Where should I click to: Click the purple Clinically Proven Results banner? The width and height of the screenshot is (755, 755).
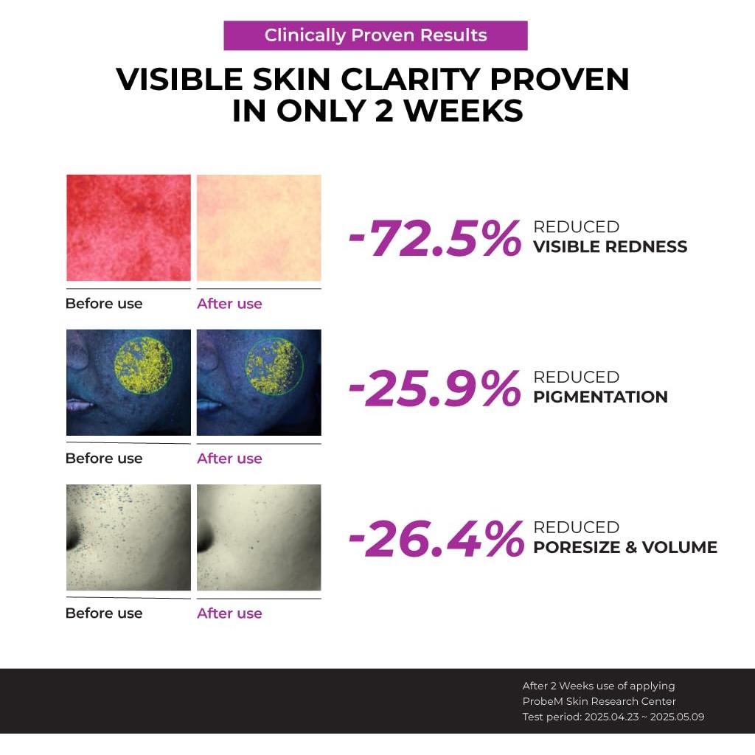point(375,35)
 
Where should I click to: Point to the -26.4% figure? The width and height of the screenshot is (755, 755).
point(435,539)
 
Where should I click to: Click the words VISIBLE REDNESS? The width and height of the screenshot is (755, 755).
point(610,247)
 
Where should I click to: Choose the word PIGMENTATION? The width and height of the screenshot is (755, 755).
point(600,397)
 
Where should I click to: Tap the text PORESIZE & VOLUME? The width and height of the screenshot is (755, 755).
point(624,547)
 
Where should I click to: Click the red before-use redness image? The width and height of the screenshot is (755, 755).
point(128,228)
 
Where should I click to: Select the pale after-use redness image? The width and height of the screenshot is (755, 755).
point(259,228)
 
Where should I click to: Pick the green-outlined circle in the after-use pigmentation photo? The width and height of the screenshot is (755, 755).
point(274,365)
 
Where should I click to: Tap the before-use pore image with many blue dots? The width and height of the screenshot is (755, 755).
point(128,537)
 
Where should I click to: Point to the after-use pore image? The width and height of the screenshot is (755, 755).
point(259,537)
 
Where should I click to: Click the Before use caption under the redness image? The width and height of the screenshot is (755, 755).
point(104,304)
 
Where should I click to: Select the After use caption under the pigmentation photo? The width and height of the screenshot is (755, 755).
point(229,459)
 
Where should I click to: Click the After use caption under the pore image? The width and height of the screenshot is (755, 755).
point(229,613)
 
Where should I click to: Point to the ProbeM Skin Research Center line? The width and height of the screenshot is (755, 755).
point(599,701)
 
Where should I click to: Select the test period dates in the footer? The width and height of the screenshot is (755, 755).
point(644,717)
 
